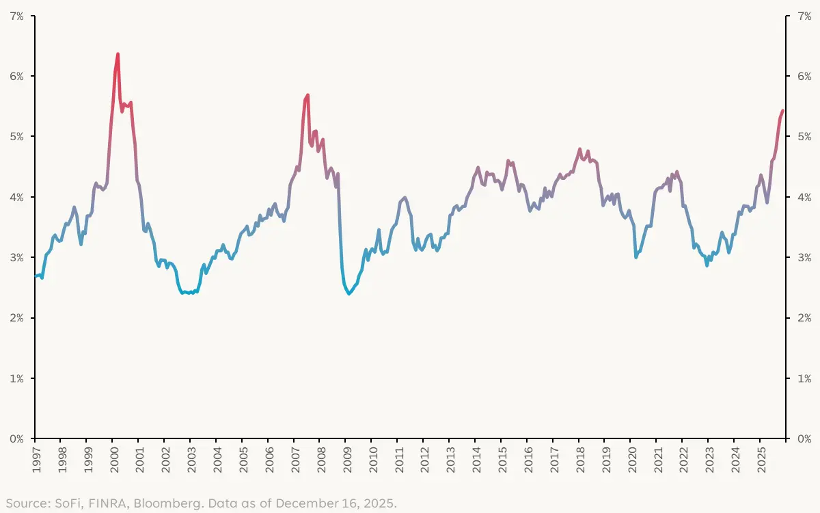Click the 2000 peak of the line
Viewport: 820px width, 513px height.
(118, 53)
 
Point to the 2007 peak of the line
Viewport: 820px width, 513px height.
(308, 95)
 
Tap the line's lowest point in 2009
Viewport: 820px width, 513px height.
(349, 293)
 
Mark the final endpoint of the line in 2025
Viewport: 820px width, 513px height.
(782, 111)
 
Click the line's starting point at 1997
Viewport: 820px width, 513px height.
(35, 276)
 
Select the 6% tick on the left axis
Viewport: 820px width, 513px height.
(16, 76)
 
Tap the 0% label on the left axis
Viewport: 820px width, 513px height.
(16, 438)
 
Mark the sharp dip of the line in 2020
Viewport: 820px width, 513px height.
(636, 256)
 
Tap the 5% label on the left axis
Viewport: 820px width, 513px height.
(16, 137)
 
